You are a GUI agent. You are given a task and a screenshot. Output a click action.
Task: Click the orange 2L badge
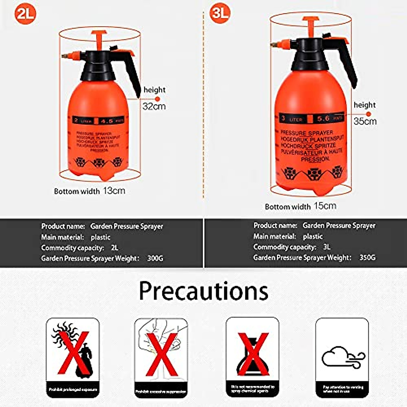tap(25, 14)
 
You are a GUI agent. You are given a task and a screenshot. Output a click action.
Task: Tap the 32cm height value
tap(154, 106)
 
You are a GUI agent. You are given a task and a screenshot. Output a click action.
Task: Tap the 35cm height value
tap(365, 121)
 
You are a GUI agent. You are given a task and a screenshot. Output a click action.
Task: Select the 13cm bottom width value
tap(114, 191)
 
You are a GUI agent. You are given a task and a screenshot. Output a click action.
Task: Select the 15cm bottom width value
tap(325, 206)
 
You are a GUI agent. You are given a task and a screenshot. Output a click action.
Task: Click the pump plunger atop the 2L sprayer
tap(99, 37)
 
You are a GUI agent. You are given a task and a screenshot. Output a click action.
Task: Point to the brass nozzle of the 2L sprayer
tap(65, 54)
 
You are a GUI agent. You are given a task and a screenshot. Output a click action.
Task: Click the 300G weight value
tap(155, 258)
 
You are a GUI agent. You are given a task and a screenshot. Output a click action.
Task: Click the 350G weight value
tap(367, 257)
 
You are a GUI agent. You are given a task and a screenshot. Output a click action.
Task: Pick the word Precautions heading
tap(203, 291)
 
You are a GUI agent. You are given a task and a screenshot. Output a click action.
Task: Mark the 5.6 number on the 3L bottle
tap(323, 118)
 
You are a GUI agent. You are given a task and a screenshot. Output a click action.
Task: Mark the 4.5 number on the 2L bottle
tap(107, 120)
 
